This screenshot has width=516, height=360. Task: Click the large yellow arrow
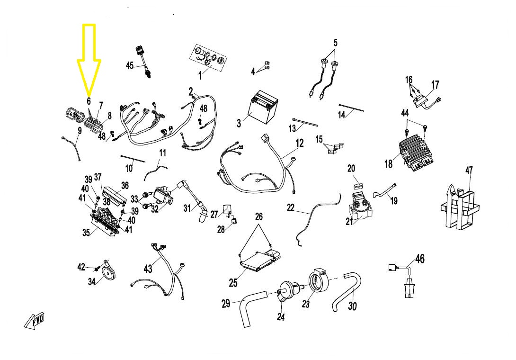pyautogui.click(x=89, y=57)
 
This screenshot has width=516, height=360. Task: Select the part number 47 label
pyautogui.click(x=469, y=171)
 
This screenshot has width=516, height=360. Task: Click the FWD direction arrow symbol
pyautogui.click(x=34, y=321)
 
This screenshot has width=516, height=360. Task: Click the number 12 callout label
pyautogui.click(x=300, y=143)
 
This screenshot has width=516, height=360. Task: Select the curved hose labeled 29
pyautogui.click(x=249, y=310)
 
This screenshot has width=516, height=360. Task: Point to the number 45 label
pyautogui.click(x=129, y=66)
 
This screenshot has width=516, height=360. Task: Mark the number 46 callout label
pyautogui.click(x=419, y=259)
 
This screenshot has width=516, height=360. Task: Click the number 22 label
pyautogui.click(x=290, y=207)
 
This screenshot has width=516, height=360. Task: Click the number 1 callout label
pyautogui.click(x=200, y=75)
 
